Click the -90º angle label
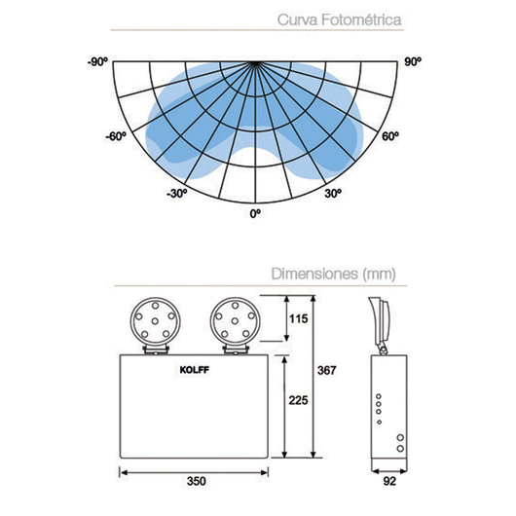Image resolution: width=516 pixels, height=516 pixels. click(97, 61)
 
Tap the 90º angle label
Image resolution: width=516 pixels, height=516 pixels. click(413, 61)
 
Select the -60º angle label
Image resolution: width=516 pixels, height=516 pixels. click(116, 136)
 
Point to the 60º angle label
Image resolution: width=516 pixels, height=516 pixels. click(390, 136)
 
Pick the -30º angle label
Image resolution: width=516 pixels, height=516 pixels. click(177, 193)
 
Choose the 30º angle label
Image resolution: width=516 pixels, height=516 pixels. click(333, 193)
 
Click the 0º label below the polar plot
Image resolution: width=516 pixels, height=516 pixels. click(255, 214)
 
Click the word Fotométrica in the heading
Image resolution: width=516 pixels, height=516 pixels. click(361, 19)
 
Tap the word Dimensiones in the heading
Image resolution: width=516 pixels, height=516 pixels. click(314, 274)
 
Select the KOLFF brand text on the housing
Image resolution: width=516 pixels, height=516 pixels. click(194, 370)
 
